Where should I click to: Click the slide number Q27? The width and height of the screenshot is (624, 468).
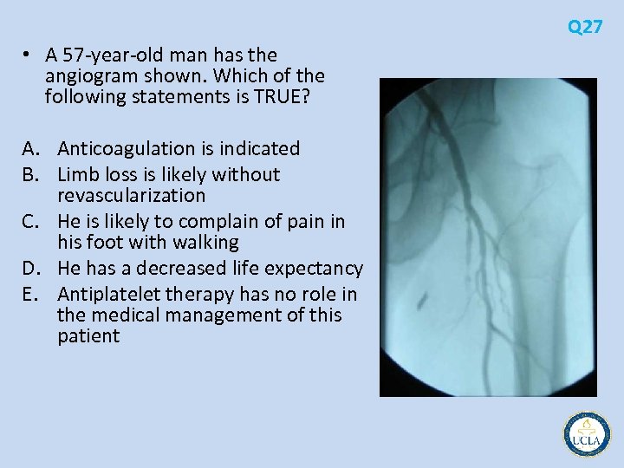click(x=585, y=27)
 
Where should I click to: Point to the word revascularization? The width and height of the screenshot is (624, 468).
click(x=131, y=196)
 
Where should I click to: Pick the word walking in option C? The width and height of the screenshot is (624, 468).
click(x=208, y=243)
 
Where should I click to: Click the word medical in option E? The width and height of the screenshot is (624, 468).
click(x=118, y=315)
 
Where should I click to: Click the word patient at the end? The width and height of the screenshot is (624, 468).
click(x=88, y=336)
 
